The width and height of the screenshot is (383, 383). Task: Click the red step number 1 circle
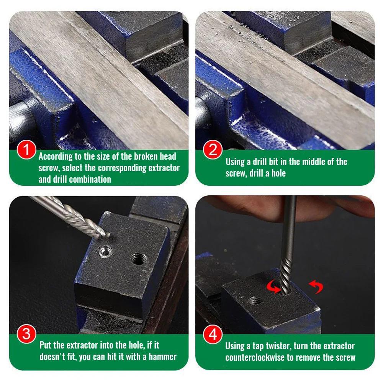27,149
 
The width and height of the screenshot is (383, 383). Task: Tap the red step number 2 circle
213,149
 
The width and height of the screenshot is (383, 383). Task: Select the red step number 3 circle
27,334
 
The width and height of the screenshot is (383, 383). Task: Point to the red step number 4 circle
213,334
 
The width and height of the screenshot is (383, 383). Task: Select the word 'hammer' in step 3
162,357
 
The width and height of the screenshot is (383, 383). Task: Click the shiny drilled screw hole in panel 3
106,252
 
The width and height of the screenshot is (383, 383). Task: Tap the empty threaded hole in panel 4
255,301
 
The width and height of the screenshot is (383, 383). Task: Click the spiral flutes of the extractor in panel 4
286,276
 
